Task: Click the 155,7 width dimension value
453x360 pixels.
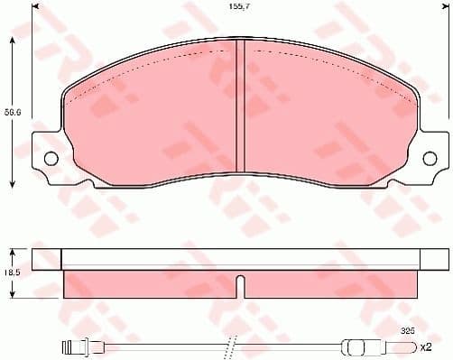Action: [239, 8]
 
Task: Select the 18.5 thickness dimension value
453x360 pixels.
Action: [11, 272]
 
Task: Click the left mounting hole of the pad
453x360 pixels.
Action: [49, 160]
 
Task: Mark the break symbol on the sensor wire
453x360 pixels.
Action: [232, 346]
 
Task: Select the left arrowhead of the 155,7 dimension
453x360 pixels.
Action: [35, 7]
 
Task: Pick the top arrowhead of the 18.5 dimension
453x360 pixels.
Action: [12, 249]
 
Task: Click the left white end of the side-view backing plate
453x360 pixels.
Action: [47, 260]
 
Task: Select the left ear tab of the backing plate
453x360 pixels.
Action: [45, 160]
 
